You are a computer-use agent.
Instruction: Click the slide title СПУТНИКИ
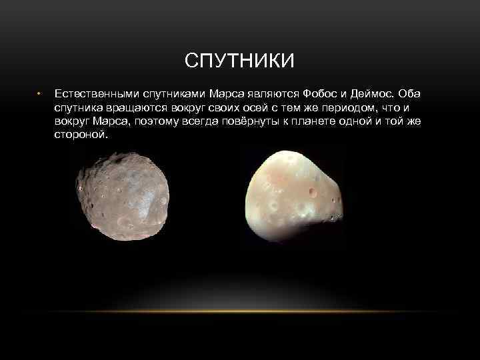tap(239, 62)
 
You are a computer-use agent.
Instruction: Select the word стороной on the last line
tap(80, 135)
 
